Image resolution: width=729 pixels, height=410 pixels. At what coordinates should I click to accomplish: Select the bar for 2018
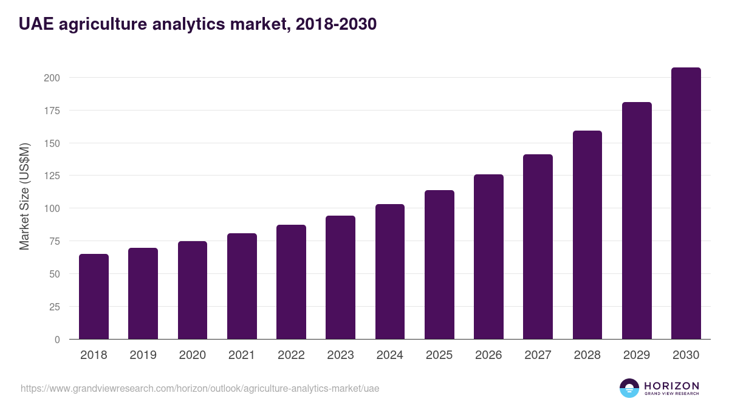pyautogui.click(x=94, y=296)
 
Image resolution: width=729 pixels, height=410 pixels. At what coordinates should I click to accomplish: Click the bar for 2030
pyautogui.click(x=686, y=203)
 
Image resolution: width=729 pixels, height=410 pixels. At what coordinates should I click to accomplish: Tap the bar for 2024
pyautogui.click(x=390, y=272)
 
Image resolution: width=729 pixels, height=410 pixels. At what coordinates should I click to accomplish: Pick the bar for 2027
pyautogui.click(x=538, y=247)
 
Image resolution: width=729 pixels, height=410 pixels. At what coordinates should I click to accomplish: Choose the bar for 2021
pyautogui.click(x=242, y=286)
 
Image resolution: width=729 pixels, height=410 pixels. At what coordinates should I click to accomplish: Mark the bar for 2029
pyautogui.click(x=637, y=220)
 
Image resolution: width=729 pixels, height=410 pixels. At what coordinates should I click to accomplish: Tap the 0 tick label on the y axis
pyautogui.click(x=57, y=340)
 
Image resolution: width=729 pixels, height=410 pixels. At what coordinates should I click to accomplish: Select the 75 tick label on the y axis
pyautogui.click(x=54, y=241)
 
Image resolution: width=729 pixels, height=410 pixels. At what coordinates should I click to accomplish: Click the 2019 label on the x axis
pyautogui.click(x=143, y=355)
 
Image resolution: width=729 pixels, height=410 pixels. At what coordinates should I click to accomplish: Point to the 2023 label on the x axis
pyautogui.click(x=340, y=355)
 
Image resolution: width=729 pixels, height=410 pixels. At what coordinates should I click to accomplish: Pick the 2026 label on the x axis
pyautogui.click(x=488, y=355)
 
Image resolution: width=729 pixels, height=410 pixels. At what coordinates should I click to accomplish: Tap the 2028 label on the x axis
pyautogui.click(x=587, y=355)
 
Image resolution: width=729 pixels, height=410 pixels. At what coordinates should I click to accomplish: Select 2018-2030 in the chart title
pyautogui.click(x=336, y=24)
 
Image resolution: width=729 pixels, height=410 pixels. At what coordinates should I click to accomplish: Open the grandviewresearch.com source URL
pyautogui.click(x=200, y=388)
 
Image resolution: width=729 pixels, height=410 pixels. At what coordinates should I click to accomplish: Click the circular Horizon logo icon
pyautogui.click(x=629, y=388)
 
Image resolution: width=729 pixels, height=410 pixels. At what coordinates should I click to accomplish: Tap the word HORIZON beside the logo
pyautogui.click(x=671, y=386)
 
